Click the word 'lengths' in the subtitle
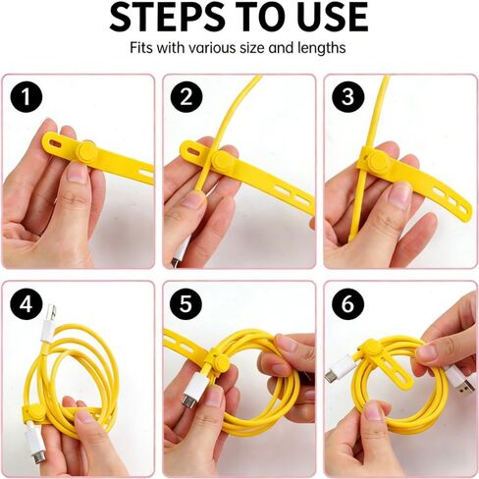click(321, 48)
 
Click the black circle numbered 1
click(27, 97)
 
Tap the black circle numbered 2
click(186, 97)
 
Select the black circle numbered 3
click(348, 97)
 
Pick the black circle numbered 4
click(27, 305)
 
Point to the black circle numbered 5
click(186, 305)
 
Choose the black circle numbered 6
click(348, 305)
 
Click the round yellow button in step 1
click(88, 151)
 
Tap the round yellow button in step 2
click(223, 161)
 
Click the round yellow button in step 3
click(379, 161)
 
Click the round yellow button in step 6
click(368, 348)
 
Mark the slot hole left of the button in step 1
click(56, 143)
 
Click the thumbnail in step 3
click(399, 196)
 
